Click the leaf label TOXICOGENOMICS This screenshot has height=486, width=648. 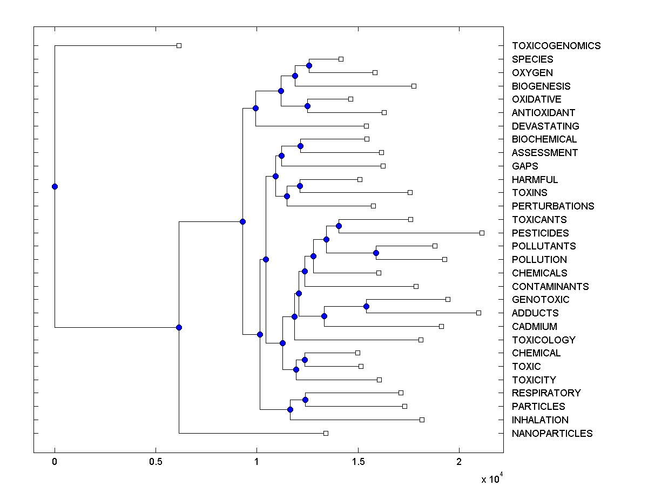click(x=556, y=46)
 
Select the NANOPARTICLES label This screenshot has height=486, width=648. click(x=552, y=434)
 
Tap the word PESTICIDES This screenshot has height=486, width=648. click(x=540, y=233)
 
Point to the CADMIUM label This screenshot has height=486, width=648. click(x=534, y=327)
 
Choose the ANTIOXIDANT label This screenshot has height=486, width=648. click(x=543, y=113)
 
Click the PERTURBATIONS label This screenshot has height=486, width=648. click(x=553, y=206)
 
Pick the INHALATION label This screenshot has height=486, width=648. click(x=540, y=420)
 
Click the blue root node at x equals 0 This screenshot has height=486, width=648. click(x=55, y=186)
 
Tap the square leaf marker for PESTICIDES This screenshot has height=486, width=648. click(x=482, y=233)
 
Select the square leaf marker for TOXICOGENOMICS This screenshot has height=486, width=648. click(x=179, y=45)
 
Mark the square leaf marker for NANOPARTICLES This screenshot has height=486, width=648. click(x=326, y=433)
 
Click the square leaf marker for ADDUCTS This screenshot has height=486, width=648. click(x=478, y=313)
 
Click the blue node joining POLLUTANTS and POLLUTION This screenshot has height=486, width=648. click(x=376, y=253)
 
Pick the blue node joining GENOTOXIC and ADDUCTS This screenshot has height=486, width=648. click(x=366, y=306)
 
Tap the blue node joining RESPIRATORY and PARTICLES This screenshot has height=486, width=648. click(x=305, y=400)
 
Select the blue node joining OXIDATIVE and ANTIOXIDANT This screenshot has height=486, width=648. click(x=307, y=106)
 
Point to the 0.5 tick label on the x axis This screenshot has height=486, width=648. click(x=156, y=462)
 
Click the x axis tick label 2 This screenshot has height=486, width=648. click(x=459, y=462)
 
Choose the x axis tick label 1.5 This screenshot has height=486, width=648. click(x=357, y=462)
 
